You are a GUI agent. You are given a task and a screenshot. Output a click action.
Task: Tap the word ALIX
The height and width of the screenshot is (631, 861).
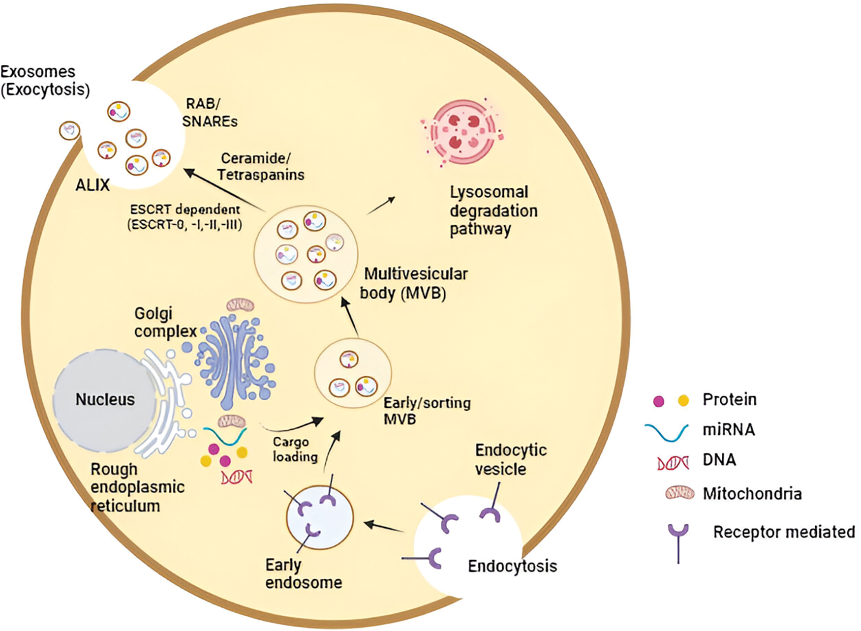tap(92, 185)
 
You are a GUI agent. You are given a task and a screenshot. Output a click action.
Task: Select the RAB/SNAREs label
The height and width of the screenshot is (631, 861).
tap(210, 113)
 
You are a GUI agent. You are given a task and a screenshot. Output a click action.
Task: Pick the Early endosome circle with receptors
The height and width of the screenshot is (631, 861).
tap(320, 516)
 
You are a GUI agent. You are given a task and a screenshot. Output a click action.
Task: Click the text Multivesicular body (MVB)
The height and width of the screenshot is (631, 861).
tap(413, 283)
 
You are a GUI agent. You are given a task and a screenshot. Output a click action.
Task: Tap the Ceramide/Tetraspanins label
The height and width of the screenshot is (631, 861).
tap(261, 167)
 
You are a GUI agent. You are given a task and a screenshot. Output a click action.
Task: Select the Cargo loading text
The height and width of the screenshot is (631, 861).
tap(295, 450)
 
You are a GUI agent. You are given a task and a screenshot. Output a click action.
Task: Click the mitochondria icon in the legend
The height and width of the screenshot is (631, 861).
tap(679, 493)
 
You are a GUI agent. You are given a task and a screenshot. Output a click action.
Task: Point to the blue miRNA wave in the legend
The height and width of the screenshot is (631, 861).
tap(667, 431)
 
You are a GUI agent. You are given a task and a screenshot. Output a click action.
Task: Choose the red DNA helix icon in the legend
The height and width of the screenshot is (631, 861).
tap(673, 462)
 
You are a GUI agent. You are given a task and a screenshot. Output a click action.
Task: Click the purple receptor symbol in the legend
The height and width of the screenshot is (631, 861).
tap(678, 541)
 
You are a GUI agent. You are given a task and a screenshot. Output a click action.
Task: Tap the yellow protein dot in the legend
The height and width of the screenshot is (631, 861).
tap(683, 401)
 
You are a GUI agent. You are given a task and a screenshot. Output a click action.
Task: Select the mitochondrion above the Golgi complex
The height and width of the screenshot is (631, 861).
tap(240, 305)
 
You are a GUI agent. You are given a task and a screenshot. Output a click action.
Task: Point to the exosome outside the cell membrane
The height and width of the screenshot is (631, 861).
tap(69, 131)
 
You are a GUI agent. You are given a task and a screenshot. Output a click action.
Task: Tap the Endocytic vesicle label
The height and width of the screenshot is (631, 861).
tap(510, 459)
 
